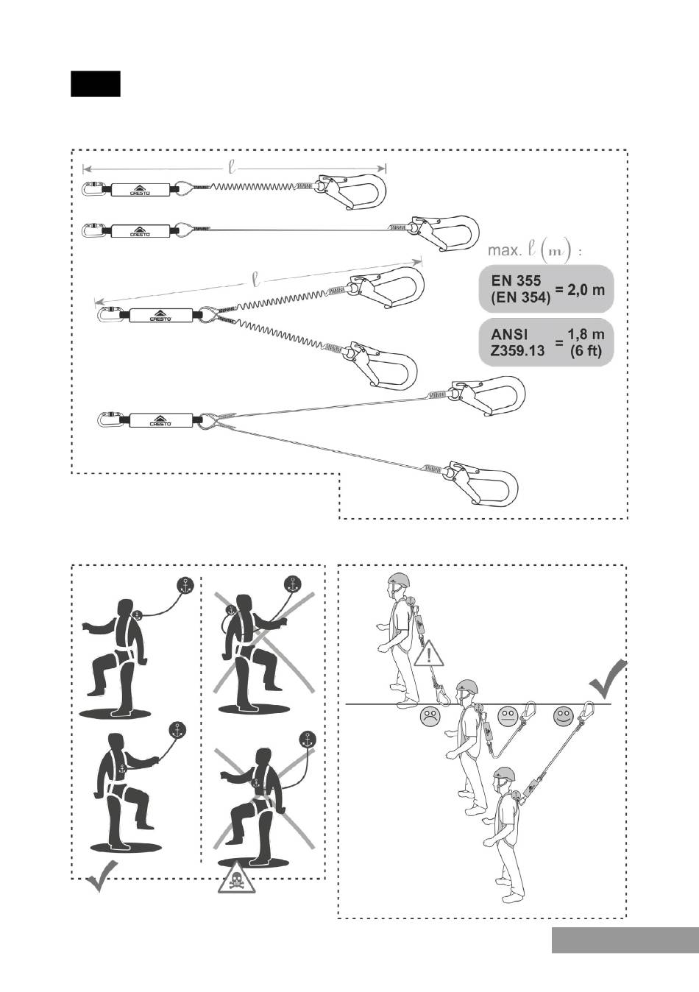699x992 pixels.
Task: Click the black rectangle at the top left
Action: pyautogui.click(x=95, y=84)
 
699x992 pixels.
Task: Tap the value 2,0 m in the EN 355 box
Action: pyautogui.click(x=581, y=289)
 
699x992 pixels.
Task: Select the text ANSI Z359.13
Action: pyautogui.click(x=518, y=343)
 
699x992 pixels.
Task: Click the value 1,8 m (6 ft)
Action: pyautogui.click(x=586, y=343)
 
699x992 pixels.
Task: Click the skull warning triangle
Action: pyautogui.click(x=236, y=877)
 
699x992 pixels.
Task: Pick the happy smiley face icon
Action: pyautogui.click(x=564, y=715)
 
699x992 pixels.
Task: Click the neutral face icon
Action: pyautogui.click(x=507, y=715)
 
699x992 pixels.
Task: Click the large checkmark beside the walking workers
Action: pyautogui.click(x=608, y=679)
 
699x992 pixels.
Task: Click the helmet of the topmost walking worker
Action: pyautogui.click(x=399, y=581)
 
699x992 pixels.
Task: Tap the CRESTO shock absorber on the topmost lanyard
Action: pyautogui.click(x=140, y=190)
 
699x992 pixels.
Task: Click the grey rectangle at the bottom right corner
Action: pyautogui.click(x=625, y=940)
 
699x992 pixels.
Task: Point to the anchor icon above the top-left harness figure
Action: pyautogui.click(x=186, y=585)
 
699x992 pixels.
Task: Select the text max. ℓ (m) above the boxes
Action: pyautogui.click(x=535, y=250)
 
